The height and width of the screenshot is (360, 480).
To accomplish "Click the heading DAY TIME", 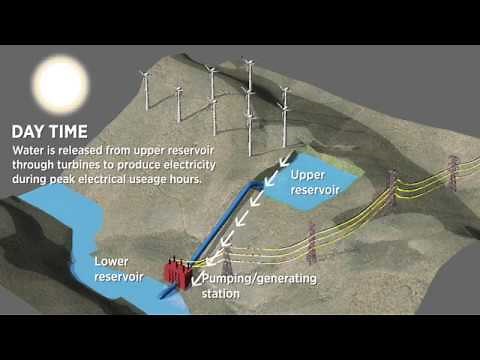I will pyautogui.click(x=47, y=131).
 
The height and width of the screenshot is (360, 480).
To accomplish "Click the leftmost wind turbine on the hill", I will pyautogui.click(x=147, y=89).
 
